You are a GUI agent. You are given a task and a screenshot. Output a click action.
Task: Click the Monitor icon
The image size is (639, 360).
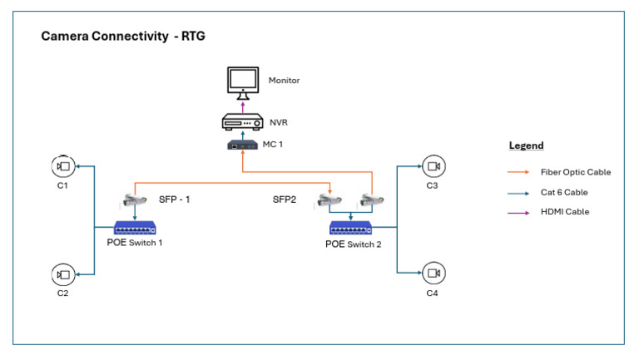(x=243, y=81)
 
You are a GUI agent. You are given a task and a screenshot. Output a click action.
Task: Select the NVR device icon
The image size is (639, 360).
(x=243, y=123)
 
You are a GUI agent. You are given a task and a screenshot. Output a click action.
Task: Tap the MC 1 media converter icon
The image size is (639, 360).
(x=243, y=145)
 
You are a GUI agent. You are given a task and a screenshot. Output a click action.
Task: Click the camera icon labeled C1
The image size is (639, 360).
(x=62, y=167)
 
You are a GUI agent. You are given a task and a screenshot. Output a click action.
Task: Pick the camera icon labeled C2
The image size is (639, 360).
(x=62, y=274)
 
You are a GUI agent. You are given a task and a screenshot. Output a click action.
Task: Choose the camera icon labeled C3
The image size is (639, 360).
(x=432, y=167)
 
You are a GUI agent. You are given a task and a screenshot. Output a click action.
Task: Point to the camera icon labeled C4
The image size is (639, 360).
(x=432, y=273)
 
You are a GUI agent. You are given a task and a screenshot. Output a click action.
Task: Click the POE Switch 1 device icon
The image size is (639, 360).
(x=136, y=228)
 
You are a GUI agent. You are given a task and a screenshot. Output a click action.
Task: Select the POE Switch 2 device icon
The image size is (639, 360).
(x=352, y=228)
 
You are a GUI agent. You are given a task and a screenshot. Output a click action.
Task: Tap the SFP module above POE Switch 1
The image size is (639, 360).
(x=133, y=200)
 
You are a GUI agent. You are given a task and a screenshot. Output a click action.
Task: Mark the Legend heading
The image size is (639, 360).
(x=526, y=146)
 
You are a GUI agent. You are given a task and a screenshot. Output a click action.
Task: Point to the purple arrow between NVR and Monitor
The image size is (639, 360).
(x=243, y=106)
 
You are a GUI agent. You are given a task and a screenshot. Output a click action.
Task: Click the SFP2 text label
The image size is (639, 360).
(x=285, y=200)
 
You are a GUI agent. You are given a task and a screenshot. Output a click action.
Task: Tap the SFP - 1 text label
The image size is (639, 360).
(x=174, y=200)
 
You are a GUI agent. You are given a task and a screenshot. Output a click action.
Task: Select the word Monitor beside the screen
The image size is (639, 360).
(x=284, y=81)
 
